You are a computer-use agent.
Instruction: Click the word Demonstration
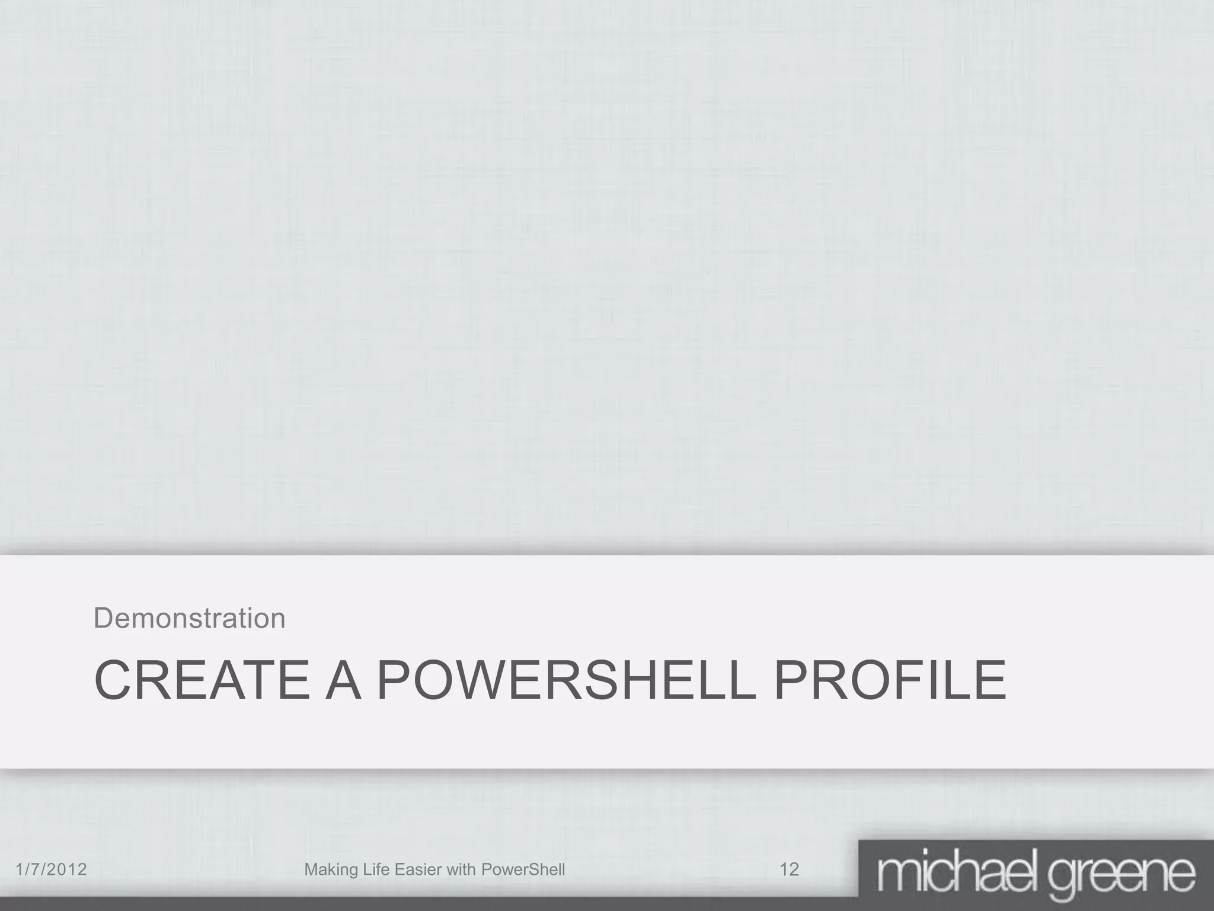pyautogui.click(x=190, y=618)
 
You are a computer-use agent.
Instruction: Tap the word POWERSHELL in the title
pyautogui.click(x=566, y=680)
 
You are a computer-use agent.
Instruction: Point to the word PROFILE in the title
pyautogui.click(x=890, y=680)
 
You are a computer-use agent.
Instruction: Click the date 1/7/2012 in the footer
pyautogui.click(x=51, y=869)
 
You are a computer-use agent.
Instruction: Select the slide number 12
pyautogui.click(x=789, y=869)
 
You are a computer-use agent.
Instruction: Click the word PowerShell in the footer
pyautogui.click(x=523, y=869)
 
